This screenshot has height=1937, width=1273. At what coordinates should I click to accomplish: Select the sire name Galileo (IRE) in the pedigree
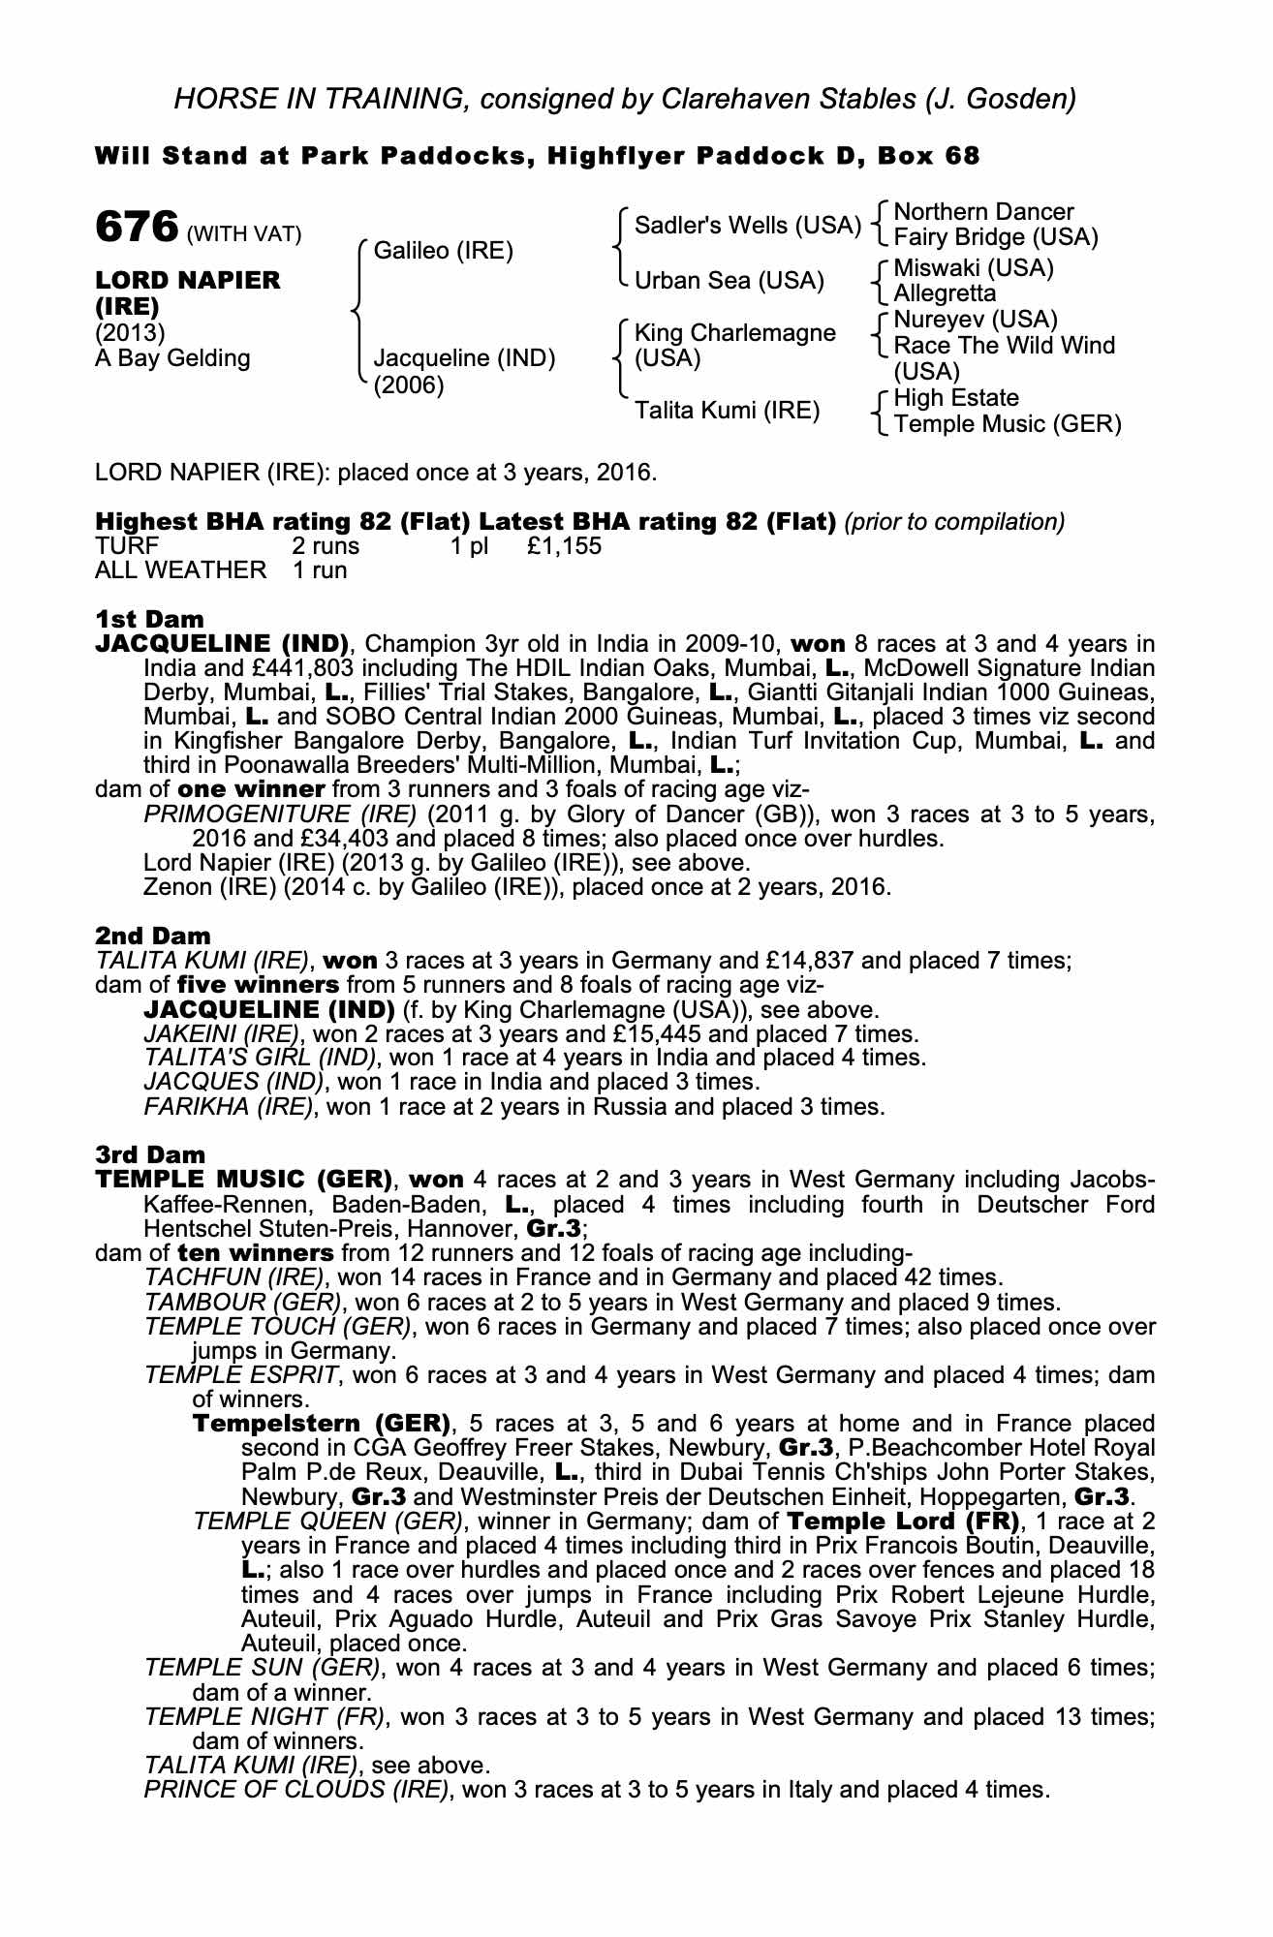pos(443,251)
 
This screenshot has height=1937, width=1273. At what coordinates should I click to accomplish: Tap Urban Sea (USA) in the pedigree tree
pos(729,281)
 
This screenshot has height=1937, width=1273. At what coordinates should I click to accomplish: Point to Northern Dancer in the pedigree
pos(983,212)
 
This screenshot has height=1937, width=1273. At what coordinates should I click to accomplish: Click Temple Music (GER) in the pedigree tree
pos(1008,424)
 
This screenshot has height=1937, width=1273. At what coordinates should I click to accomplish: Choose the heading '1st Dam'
pos(149,619)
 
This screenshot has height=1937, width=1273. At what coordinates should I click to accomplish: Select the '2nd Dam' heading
pos(152,936)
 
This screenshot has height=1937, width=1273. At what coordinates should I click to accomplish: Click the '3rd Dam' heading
pos(150,1154)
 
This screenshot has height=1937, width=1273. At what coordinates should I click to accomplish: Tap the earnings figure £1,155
pos(565,546)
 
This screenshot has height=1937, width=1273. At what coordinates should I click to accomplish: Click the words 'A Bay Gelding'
pos(172,358)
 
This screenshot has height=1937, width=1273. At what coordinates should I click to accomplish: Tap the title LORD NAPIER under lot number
pos(188,280)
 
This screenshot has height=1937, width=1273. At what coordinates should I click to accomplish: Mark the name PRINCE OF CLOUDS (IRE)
pos(296,1789)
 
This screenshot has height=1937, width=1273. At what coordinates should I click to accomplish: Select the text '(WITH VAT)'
pos(244,233)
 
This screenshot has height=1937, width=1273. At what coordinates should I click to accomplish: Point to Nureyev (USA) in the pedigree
pos(976,320)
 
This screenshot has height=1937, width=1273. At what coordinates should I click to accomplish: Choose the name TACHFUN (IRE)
pos(233,1277)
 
